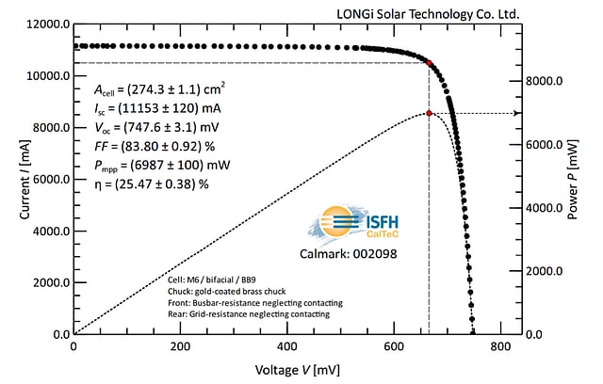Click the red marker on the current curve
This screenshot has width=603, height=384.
[430, 63]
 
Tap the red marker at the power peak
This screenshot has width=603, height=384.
[430, 113]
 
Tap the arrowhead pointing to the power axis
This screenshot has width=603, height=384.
[515, 113]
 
